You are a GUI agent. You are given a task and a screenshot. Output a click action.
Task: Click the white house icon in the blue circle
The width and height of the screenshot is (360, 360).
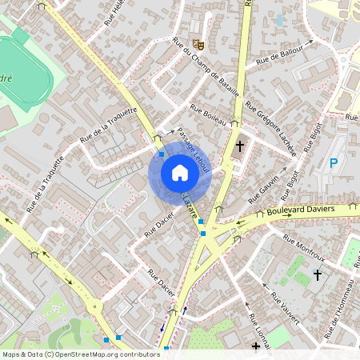179,172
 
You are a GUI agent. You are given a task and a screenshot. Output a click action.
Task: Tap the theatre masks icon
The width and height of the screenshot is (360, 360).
198,32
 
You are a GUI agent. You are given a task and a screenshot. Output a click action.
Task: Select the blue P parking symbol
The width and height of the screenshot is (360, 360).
333,164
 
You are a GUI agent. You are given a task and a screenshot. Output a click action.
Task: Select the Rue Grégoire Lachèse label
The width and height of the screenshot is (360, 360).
271,128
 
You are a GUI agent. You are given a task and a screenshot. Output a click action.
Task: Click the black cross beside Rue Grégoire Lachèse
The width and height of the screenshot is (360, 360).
240,146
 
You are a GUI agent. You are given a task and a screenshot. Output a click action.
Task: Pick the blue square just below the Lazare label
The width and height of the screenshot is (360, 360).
202,222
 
